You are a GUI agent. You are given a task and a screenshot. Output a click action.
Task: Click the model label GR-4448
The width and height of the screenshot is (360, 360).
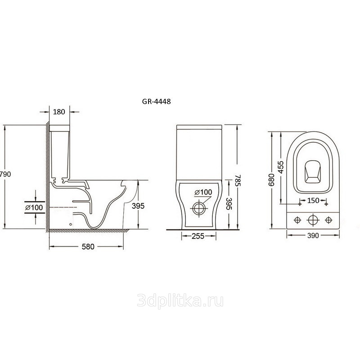tap(156, 102)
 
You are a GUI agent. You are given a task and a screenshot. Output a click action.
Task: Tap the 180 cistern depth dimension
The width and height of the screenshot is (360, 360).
tap(59, 112)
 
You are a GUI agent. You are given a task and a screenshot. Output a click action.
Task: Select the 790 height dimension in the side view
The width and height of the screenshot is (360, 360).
tap(5, 174)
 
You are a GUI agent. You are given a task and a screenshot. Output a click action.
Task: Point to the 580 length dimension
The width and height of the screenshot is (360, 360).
tap(88, 247)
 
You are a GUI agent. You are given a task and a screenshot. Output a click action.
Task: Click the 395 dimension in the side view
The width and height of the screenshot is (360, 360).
tap(138, 206)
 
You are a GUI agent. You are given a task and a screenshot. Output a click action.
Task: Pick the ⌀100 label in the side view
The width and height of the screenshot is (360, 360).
tap(34, 207)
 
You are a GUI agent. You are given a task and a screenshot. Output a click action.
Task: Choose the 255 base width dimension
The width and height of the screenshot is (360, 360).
tap(198, 236)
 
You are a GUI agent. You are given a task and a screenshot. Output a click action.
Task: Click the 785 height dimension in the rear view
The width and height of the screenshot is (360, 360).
tap(238, 181)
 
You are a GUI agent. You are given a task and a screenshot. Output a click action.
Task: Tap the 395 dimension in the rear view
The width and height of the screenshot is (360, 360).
tap(229, 204)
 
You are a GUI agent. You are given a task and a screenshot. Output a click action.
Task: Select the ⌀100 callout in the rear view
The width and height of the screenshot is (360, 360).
tap(203, 192)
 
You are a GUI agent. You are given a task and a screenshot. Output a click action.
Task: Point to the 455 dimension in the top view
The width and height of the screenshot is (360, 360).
tap(281, 167)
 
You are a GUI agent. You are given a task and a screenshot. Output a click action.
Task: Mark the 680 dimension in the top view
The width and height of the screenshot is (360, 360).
tap(271, 180)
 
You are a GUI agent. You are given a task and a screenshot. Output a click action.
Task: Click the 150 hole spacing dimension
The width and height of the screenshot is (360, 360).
tap(313, 200)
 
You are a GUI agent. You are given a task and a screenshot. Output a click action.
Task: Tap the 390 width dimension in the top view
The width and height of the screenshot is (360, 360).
tap(313, 235)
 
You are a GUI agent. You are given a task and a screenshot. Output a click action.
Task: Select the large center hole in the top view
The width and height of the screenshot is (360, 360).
tap(313, 220)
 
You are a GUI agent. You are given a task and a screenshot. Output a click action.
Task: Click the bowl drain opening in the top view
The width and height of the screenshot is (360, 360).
tap(312, 172)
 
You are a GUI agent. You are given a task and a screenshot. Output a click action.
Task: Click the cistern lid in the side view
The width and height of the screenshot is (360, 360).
tap(59, 128)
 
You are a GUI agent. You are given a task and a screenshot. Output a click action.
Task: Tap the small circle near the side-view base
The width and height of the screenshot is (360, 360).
tap(71, 224)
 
